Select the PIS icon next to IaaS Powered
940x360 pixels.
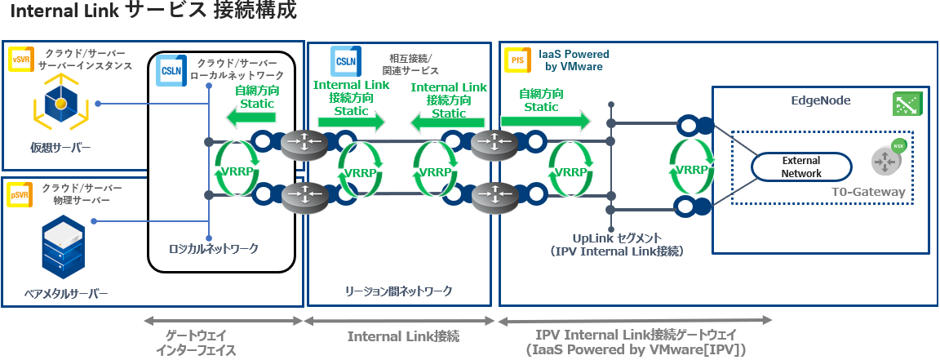pos(517,60)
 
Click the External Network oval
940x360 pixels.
pos(801,167)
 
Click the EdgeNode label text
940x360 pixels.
pos(821,100)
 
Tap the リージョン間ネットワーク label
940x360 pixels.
pos(399,291)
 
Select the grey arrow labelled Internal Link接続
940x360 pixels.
pos(400,321)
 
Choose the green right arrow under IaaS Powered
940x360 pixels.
pos(545,122)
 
